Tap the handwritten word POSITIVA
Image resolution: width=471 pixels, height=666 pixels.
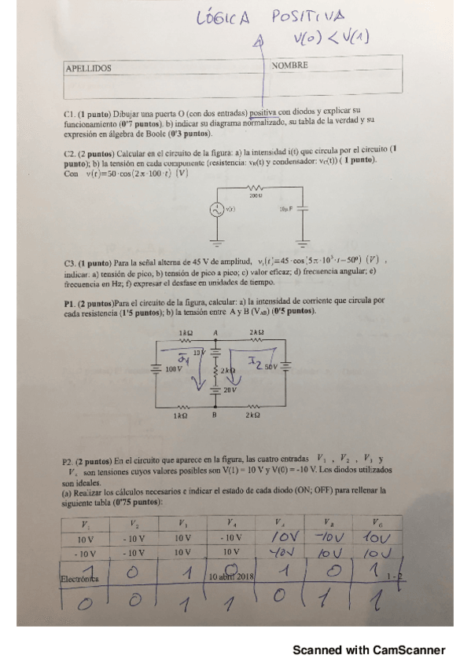coord(309,16)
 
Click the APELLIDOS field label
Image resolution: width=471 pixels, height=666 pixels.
coord(88,68)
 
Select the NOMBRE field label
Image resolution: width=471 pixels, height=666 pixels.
coord(289,65)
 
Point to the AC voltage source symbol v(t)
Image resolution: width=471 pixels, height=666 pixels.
coord(214,210)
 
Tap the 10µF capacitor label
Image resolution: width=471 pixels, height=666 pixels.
coord(285,210)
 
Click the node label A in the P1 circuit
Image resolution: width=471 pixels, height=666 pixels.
coord(215,332)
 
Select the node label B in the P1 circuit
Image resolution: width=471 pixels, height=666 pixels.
coord(214,415)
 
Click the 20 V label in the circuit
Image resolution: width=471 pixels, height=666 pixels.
coord(230,390)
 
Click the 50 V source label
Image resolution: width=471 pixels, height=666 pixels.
coord(271,367)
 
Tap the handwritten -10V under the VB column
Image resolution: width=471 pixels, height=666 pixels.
coord(326,538)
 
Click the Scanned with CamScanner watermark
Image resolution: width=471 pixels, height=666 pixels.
coord(369,650)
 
